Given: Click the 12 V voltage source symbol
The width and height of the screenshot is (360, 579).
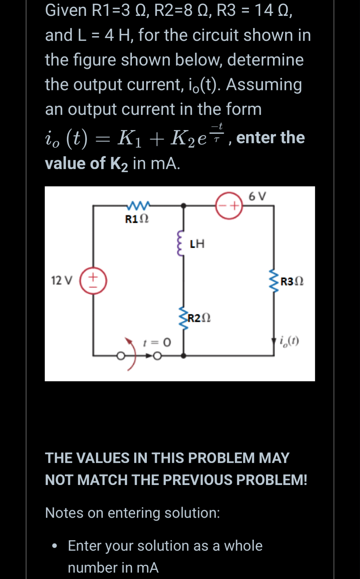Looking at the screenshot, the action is (x=93, y=280).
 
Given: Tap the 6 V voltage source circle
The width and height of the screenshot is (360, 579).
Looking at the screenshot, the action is (x=229, y=205).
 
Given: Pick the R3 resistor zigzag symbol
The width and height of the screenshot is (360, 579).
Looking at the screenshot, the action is (x=274, y=281).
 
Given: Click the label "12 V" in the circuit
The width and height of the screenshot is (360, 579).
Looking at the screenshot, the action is (x=62, y=280).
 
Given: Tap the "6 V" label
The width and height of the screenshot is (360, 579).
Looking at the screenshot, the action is (x=257, y=196).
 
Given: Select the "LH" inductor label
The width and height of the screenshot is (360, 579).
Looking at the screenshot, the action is (x=197, y=244).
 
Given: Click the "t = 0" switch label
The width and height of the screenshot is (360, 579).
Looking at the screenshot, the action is (x=157, y=342).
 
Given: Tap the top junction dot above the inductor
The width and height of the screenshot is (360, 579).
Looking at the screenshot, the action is (x=184, y=206).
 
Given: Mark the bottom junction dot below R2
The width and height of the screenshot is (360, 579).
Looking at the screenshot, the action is (x=184, y=356).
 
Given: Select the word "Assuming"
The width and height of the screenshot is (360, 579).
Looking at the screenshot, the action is (x=264, y=85).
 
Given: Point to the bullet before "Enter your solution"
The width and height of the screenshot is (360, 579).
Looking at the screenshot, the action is (x=55, y=546).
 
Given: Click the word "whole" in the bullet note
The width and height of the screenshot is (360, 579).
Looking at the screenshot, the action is (x=243, y=546).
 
